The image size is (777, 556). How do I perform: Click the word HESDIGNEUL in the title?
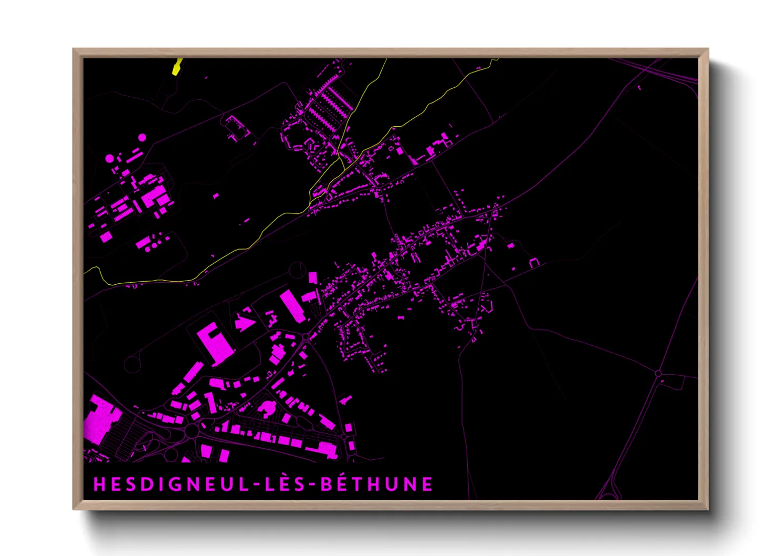coord(171,484)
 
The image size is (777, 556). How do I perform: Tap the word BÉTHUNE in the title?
coord(376,484)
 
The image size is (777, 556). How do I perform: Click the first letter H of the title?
coord(99,484)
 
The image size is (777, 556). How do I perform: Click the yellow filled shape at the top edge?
coord(177,67)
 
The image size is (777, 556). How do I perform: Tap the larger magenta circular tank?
coord(109,158)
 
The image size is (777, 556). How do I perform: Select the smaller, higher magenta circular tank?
coord(142,138)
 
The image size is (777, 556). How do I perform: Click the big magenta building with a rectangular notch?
coord(215,343)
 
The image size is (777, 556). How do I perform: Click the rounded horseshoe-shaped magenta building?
coord(267,408)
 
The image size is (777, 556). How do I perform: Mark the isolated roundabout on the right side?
coord(658,373)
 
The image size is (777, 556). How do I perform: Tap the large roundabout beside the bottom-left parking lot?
coord(192,431)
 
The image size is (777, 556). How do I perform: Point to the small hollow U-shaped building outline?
coord(534,262)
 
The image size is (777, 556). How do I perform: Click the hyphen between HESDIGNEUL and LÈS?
coord(256,485)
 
